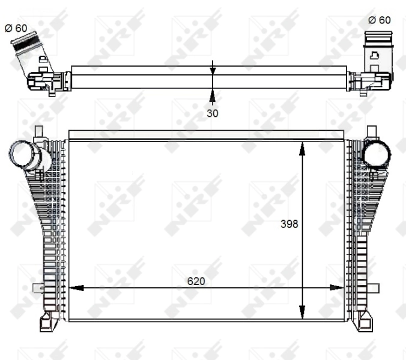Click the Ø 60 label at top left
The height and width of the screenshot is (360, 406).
(16, 28)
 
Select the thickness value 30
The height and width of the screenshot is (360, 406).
(212, 112)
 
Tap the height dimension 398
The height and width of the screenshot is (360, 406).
(289, 224)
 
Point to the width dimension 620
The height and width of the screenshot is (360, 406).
(196, 280)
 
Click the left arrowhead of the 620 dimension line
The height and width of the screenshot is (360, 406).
(76, 288)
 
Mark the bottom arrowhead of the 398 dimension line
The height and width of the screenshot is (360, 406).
(303, 313)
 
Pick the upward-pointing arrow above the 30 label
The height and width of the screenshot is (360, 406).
(212, 95)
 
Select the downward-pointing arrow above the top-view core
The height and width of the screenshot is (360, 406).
(212, 68)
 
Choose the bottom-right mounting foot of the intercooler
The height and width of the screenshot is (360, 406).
(363, 322)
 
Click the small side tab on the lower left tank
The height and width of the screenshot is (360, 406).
(37, 288)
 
